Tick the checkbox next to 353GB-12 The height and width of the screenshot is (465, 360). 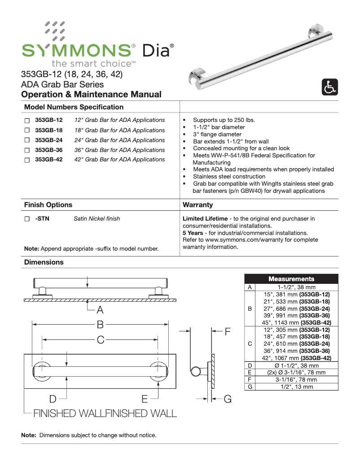click(27, 121)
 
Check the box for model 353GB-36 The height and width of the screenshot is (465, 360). click(27, 150)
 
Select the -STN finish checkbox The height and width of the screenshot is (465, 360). click(27, 219)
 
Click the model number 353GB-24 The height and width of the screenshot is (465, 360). click(49, 140)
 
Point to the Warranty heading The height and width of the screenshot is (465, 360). click(198, 205)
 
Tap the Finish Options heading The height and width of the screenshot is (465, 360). click(48, 205)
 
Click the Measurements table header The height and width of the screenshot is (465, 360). click(291, 279)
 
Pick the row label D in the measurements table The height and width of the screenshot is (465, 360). click(250, 366)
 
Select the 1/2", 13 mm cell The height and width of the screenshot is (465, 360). click(297, 387)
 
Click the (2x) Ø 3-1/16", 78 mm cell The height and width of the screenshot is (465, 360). click(297, 373)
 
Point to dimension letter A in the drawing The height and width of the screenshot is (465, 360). click(100, 310)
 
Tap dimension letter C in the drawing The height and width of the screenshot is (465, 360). click(100, 340)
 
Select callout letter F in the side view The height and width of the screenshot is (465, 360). click(228, 332)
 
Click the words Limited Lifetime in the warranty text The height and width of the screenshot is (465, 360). click(205, 219)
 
